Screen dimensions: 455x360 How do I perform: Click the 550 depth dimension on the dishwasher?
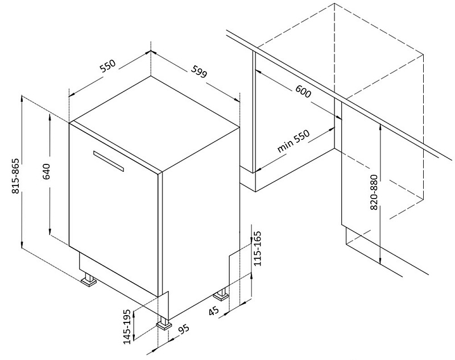pyautogui.click(x=107, y=66)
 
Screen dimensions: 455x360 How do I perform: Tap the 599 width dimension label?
pyautogui.click(x=199, y=71)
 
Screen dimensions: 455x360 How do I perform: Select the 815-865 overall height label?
pyautogui.click(x=15, y=176)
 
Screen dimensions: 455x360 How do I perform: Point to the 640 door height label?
pyautogui.click(x=46, y=172)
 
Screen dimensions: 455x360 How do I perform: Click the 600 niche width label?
pyautogui.click(x=303, y=91)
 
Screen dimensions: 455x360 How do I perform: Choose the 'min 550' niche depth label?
pyautogui.click(x=293, y=140)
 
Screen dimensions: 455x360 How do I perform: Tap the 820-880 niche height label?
pyautogui.click(x=374, y=192)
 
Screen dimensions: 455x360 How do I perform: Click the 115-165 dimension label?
pyautogui.click(x=258, y=249)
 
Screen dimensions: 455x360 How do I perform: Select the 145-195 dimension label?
pyautogui.click(x=127, y=326)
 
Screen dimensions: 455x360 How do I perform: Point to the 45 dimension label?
pyautogui.click(x=214, y=311)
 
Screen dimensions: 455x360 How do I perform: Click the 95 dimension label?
pyautogui.click(x=183, y=329)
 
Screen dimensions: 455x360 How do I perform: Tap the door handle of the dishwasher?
pyautogui.click(x=109, y=161)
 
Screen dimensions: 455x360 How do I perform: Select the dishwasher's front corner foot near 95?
pyautogui.click(x=164, y=323)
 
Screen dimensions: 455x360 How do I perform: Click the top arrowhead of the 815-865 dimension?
pyautogui.click(x=22, y=98)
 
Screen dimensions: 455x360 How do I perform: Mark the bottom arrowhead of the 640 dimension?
pyautogui.click(x=50, y=232)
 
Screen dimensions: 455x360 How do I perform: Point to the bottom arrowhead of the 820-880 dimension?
pyautogui.click(x=380, y=261)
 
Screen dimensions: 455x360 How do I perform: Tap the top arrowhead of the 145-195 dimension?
pyautogui.click(x=134, y=313)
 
